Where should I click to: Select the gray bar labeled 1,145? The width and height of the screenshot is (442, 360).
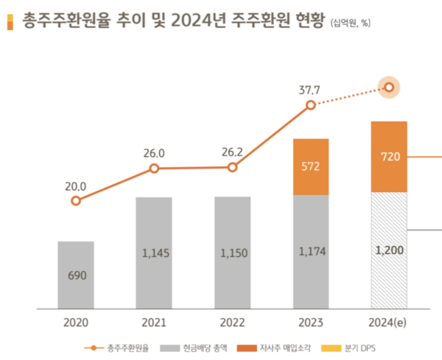[x=154, y=252]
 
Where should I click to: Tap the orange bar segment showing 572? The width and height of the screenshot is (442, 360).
[x=310, y=166]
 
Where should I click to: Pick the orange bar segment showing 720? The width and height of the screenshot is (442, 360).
[x=389, y=157]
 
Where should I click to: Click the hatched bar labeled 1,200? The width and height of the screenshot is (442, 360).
[x=389, y=250]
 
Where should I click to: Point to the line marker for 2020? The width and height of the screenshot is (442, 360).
[x=75, y=200]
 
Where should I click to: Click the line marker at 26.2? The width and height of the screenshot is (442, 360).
[x=232, y=168]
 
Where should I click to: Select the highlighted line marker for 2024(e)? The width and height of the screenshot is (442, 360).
[x=390, y=88]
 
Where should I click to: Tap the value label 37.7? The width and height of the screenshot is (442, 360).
[x=310, y=91]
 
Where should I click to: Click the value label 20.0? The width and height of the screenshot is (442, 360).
[x=75, y=186]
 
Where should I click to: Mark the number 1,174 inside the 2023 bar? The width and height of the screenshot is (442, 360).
[x=310, y=252]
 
